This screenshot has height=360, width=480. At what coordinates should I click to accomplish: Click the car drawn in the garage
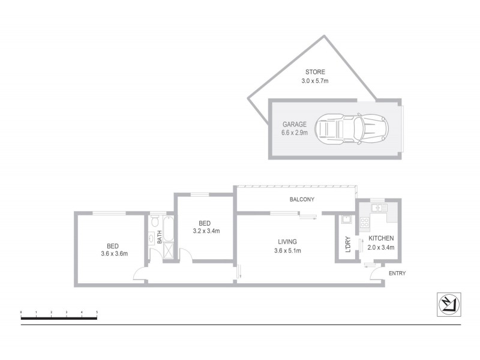click(352, 127)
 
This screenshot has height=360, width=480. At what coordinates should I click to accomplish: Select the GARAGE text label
click(295, 124)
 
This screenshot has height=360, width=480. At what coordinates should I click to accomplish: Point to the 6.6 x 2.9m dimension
click(295, 133)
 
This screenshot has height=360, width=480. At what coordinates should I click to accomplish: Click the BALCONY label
click(302, 200)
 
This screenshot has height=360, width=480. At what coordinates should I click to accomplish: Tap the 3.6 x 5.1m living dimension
click(287, 250)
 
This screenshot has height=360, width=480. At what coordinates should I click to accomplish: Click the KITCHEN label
click(382, 238)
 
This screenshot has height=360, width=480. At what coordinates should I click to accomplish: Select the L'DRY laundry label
click(348, 247)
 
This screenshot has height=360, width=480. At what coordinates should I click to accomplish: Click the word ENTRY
click(397, 274)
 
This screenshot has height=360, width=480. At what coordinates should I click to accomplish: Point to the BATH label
click(160, 237)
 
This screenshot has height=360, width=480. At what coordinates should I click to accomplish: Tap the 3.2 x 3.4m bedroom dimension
click(206, 230)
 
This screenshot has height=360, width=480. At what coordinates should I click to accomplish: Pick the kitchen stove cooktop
click(364, 224)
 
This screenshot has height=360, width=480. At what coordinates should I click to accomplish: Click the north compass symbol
click(448, 304)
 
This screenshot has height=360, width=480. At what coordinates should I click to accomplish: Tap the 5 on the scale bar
click(97, 312)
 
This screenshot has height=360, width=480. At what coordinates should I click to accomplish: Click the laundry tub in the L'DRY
click(346, 220)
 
